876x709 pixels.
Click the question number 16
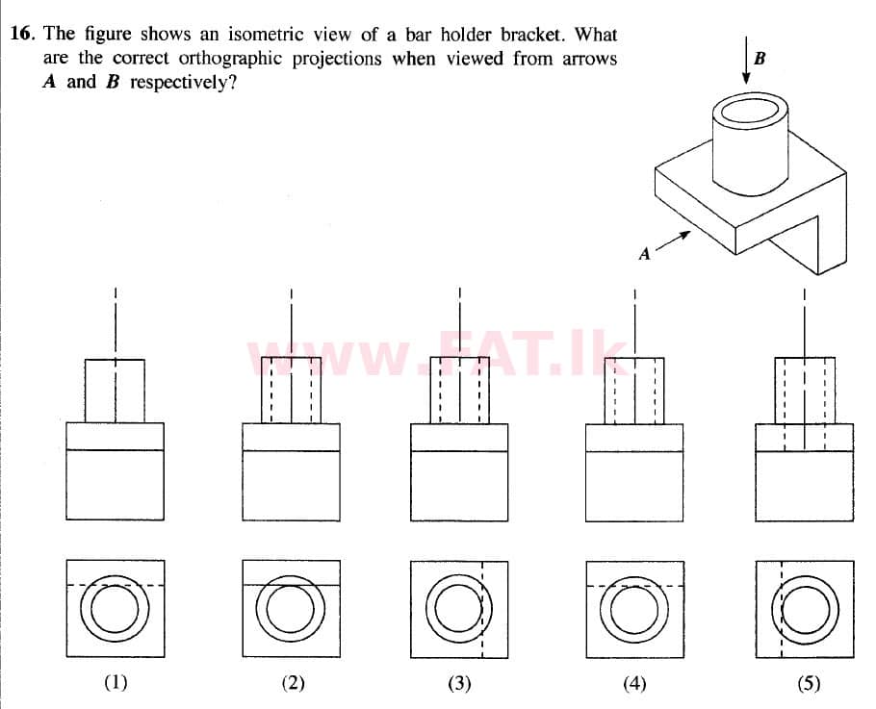point(22,34)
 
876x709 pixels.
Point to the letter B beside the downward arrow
point(760,58)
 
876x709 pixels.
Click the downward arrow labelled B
point(746,59)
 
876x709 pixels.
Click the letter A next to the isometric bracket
point(645,254)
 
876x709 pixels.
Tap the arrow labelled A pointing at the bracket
point(673,241)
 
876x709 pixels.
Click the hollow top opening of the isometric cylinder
point(750,111)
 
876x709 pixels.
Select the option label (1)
point(116,682)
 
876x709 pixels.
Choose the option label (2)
point(293,682)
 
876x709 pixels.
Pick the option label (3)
point(459,682)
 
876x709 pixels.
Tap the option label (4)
point(634,682)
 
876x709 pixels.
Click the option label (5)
point(810,682)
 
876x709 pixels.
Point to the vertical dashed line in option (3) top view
point(482,610)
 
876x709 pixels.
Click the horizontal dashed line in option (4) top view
point(634,586)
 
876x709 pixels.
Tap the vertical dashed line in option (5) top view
point(782,610)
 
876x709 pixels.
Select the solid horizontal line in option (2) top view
point(291,585)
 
